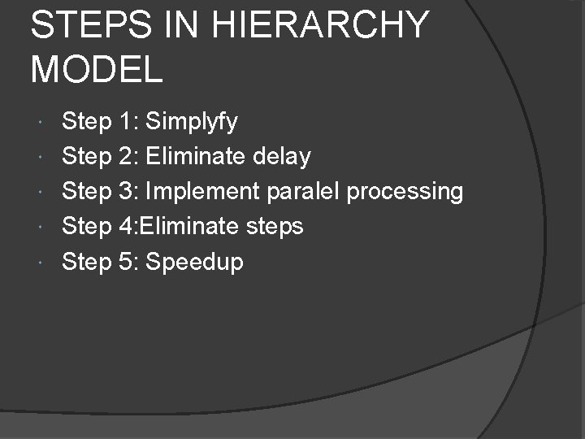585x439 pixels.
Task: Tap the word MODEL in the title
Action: (97, 69)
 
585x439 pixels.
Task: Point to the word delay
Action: (282, 156)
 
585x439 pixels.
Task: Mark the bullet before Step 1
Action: (41, 122)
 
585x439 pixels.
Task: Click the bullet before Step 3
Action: (41, 192)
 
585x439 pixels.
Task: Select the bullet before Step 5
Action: (41, 262)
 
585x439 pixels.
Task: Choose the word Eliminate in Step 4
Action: (191, 227)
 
